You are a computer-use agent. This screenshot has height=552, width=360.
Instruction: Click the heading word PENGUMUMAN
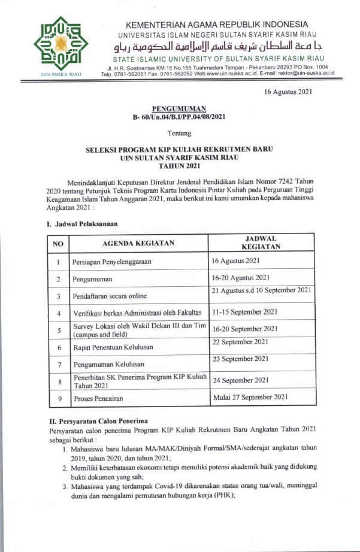[x=179, y=108]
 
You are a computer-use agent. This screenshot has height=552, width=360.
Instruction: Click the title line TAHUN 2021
[x=179, y=166]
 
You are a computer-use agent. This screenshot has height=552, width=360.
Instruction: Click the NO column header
[x=58, y=243]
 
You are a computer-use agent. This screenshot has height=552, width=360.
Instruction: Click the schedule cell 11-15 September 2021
[x=244, y=312]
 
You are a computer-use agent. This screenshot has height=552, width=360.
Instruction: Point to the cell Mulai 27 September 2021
[x=251, y=396]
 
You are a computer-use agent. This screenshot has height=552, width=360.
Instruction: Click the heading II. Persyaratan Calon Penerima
[x=99, y=420]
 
